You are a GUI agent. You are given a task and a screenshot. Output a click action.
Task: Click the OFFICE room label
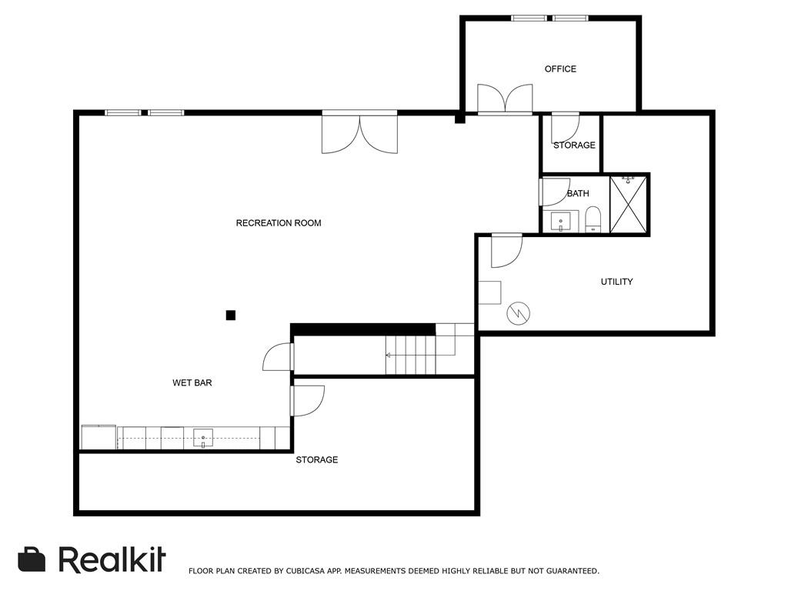click(x=560, y=68)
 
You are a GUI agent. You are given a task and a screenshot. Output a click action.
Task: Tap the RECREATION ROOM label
click(x=279, y=223)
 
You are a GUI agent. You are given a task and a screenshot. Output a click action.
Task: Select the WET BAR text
click(x=192, y=383)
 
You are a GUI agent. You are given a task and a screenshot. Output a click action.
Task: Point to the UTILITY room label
click(x=616, y=282)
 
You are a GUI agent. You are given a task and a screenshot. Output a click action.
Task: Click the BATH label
click(x=578, y=193)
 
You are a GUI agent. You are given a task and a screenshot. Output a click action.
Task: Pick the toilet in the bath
click(x=593, y=219)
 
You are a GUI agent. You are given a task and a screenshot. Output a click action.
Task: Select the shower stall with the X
click(x=628, y=205)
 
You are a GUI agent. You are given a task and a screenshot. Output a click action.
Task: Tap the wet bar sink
click(x=203, y=438)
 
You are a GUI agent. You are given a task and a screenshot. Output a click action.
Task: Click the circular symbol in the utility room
click(x=518, y=314)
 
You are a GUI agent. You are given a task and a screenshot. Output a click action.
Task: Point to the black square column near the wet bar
click(x=231, y=316)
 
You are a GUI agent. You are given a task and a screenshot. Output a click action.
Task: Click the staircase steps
click(x=411, y=355)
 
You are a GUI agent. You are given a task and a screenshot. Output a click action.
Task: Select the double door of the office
click(x=505, y=99)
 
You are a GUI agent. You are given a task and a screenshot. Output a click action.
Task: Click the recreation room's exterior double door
click(x=360, y=132)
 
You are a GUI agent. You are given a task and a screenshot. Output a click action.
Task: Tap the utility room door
click(x=506, y=250)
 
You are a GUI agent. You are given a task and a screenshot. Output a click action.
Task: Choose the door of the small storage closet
click(x=566, y=129)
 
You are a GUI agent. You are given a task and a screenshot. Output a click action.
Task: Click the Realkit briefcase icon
click(x=32, y=559)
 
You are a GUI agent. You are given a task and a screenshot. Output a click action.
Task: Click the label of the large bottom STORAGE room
click(x=316, y=460)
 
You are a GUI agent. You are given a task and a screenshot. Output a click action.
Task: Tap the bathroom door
click(x=555, y=192)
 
